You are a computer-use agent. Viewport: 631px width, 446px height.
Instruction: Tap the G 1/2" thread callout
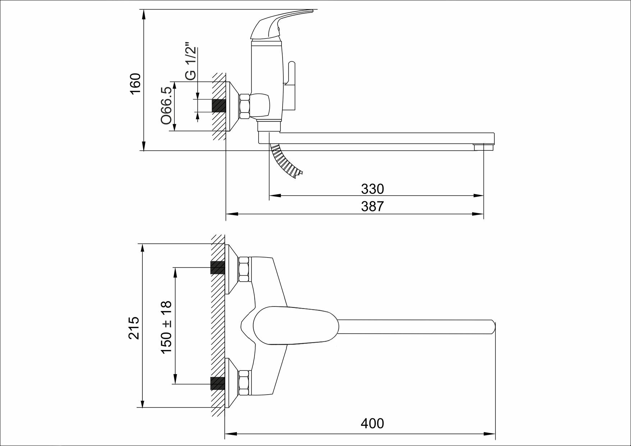click(x=190, y=62)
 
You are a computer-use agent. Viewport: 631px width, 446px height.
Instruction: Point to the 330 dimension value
click(x=372, y=189)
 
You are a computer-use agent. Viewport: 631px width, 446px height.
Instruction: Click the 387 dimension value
click(x=372, y=206)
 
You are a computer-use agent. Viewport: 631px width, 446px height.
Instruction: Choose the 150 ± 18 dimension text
click(x=167, y=327)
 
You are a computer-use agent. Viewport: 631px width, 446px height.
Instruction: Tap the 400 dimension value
click(x=372, y=423)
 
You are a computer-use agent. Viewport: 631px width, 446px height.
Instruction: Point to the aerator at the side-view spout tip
click(x=484, y=147)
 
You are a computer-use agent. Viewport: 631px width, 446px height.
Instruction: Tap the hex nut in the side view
click(x=244, y=106)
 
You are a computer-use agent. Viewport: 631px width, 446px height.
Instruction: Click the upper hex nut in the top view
click(x=245, y=269)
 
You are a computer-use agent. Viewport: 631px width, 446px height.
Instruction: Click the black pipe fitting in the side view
click(x=219, y=105)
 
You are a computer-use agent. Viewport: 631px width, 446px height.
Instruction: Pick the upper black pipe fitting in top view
click(x=218, y=268)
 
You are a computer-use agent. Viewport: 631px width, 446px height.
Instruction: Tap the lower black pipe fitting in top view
click(x=218, y=383)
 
